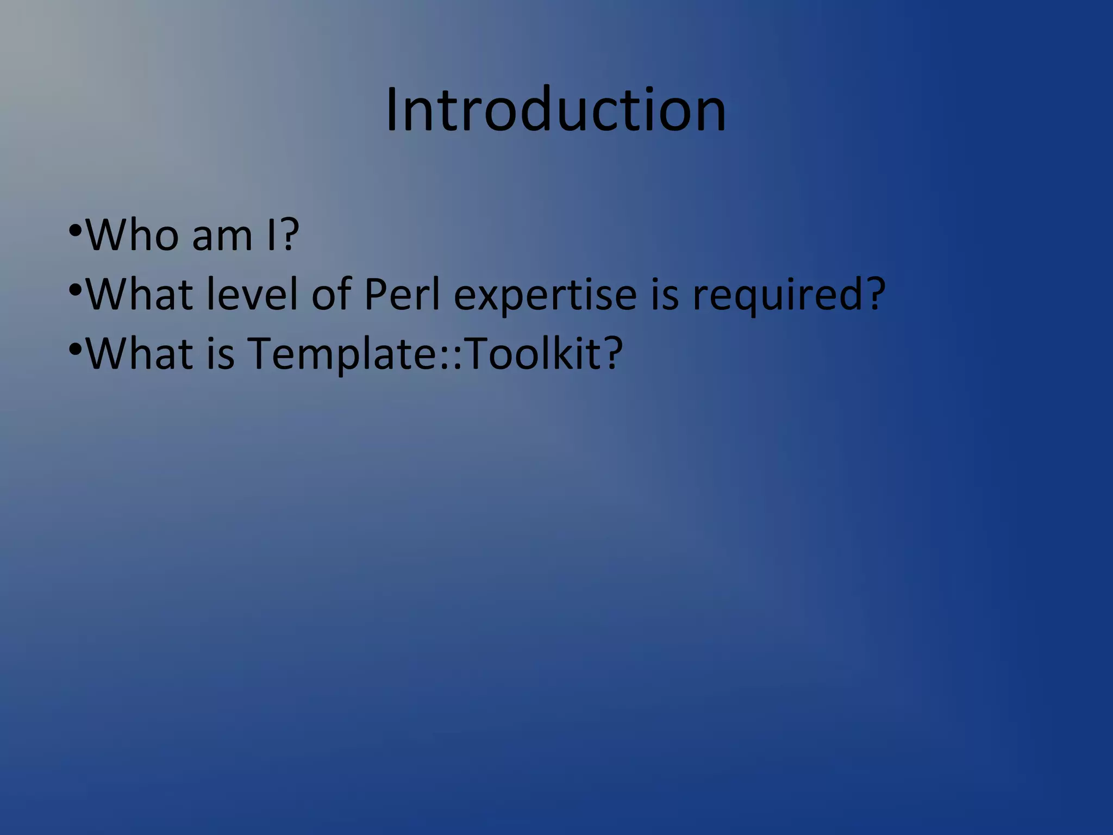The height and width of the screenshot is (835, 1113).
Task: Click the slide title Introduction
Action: pos(555,110)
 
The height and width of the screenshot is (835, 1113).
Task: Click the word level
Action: pos(252,294)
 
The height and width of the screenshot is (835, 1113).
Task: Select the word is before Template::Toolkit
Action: pos(220,353)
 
